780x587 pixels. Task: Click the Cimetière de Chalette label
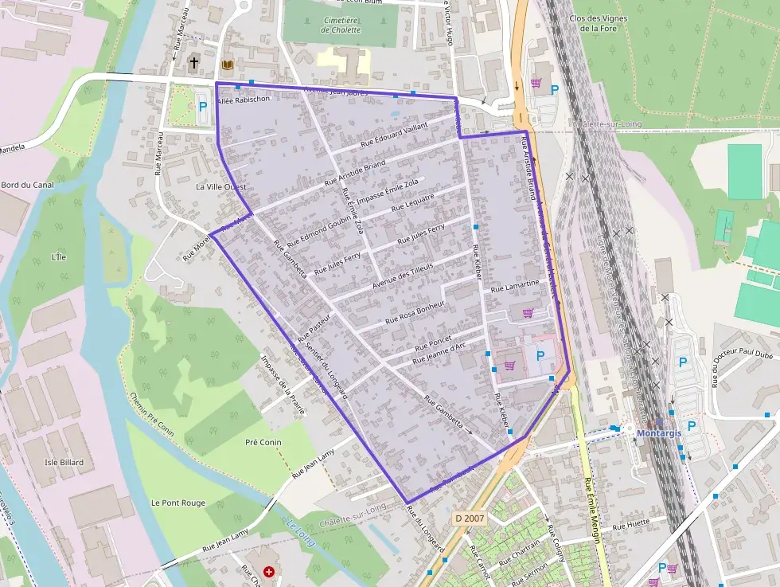341,25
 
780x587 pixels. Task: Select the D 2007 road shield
470,518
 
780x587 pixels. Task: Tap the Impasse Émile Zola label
388,192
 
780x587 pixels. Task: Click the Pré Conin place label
263,442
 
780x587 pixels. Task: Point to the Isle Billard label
64,462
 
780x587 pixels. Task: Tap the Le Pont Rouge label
178,503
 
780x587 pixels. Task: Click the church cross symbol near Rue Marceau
193,62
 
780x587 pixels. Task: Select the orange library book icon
228,65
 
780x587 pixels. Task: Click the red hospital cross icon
269,571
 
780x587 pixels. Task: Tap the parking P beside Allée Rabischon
202,106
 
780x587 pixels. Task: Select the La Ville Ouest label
220,186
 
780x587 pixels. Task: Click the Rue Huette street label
632,523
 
